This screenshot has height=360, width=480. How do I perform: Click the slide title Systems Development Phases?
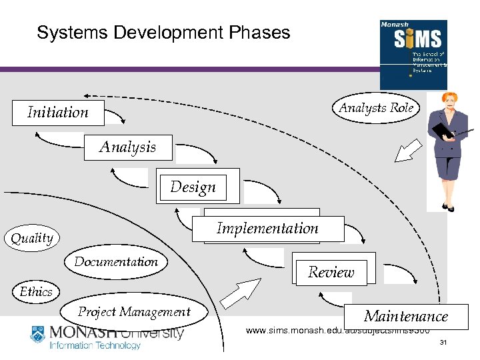tap(163, 33)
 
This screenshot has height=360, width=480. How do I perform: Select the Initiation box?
tap(58, 113)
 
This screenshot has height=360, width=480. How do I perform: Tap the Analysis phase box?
tap(127, 147)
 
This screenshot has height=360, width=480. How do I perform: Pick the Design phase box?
tap(193, 187)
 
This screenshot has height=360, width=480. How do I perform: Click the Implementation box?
tap(267, 229)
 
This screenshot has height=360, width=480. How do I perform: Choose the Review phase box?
tap(331, 272)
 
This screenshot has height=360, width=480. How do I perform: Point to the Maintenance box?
tap(405, 316)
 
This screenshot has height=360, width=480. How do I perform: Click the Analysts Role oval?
tap(376, 108)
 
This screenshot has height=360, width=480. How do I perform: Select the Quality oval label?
tap(32, 238)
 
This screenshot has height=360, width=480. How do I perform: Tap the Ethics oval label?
tap(36, 292)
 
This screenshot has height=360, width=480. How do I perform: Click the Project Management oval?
tap(134, 312)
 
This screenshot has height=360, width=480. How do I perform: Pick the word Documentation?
tap(116, 262)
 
